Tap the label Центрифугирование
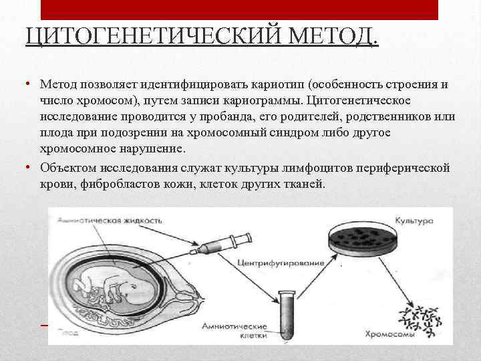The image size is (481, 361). click(281, 263)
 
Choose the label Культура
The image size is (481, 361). click(414, 219)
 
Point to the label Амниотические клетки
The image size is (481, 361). click(228, 331)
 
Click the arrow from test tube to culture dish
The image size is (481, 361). click(307, 270)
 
